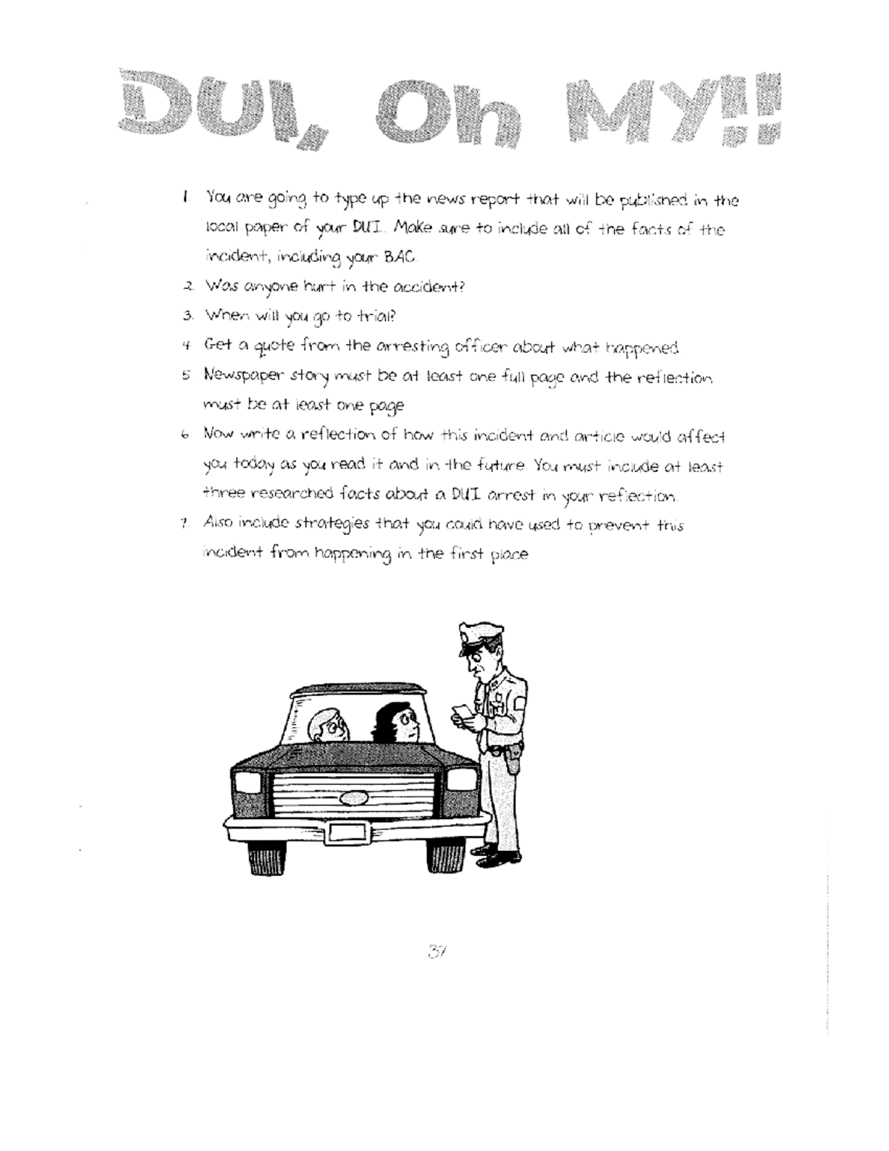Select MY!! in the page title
pyautogui.click(x=671, y=107)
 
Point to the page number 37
pyautogui.click(x=433, y=951)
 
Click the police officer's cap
pyautogui.click(x=476, y=635)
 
